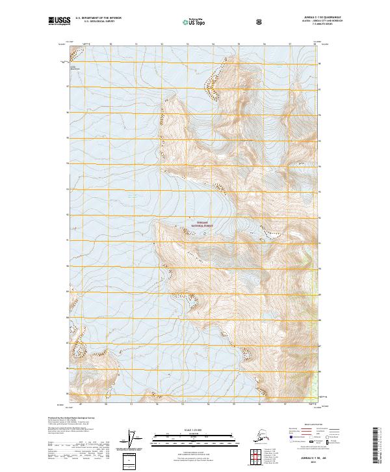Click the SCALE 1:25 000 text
(194, 430)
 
